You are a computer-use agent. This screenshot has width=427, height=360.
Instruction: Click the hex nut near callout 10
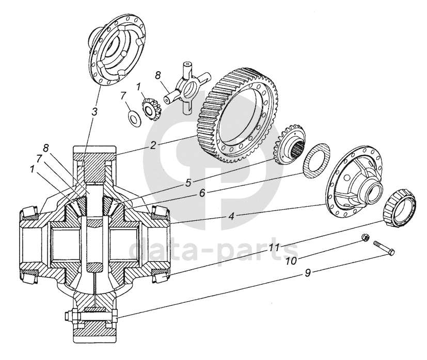[366, 237]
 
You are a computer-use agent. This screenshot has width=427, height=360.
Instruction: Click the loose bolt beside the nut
[384, 247]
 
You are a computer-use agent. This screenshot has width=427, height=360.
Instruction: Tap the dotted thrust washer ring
[316, 161]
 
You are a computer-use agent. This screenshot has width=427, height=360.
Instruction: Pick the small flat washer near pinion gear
[133, 117]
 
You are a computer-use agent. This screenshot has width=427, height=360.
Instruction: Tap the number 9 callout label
[307, 273]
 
